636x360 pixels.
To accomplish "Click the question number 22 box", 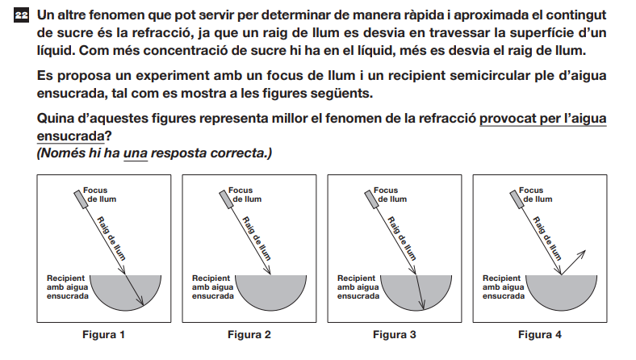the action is [22, 15].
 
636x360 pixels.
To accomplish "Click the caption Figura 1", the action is [103, 334].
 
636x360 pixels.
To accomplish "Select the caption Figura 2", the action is [249, 334].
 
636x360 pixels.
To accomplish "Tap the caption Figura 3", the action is [394, 334].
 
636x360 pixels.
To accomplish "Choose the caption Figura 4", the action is [539, 334].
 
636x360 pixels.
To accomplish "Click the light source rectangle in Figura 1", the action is [81, 199].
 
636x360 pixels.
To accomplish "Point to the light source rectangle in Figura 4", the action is [517, 199].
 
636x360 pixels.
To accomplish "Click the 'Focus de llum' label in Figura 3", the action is [390, 195].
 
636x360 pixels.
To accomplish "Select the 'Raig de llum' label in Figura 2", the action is [257, 238].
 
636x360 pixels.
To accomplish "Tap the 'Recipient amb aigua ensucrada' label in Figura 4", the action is [504, 287].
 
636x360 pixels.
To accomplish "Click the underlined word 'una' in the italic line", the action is [135, 153].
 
